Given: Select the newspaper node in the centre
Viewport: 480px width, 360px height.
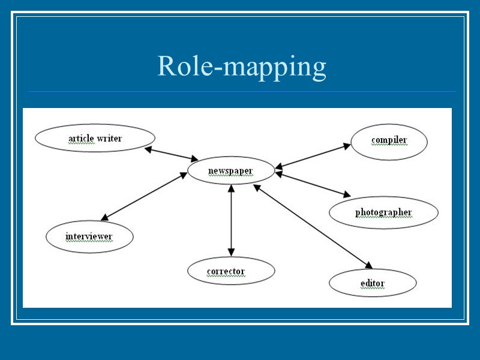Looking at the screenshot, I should (x=231, y=172).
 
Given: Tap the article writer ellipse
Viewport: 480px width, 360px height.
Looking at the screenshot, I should (x=95, y=139).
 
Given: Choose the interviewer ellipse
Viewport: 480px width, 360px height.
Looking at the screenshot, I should (x=89, y=236).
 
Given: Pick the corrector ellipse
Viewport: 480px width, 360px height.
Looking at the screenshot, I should (x=231, y=272).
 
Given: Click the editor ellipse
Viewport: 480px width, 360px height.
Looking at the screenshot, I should (x=373, y=283).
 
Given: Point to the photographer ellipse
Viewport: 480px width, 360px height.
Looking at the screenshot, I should (x=383, y=212).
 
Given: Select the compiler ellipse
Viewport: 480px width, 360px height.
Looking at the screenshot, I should (x=389, y=140).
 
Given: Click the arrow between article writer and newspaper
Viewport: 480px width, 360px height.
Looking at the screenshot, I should (x=172, y=154).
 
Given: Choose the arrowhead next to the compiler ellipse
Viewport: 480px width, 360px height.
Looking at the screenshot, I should (x=347, y=145).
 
